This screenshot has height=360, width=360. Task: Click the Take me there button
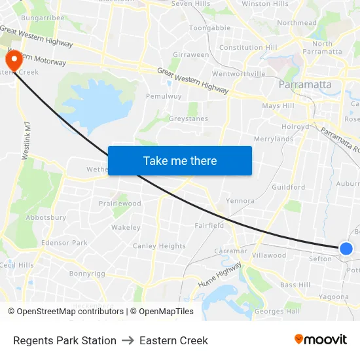[180, 160]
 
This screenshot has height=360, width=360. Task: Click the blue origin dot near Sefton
[346, 248]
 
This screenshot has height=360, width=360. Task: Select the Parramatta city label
[305, 84]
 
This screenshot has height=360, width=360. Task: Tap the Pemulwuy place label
[161, 96]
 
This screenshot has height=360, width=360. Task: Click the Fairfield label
[209, 225]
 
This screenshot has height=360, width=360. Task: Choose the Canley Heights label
[160, 246]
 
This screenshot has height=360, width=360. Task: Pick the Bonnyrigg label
[87, 274]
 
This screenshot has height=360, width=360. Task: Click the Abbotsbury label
[46, 217]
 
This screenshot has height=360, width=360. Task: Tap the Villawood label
[269, 255]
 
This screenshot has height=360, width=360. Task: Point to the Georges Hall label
[277, 312]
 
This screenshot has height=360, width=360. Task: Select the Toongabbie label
[209, 28]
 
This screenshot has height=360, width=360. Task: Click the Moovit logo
[321, 339]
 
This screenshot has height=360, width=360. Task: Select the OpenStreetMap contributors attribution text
[70, 312]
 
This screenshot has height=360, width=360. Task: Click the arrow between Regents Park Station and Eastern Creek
[128, 340]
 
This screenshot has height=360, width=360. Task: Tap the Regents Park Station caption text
[65, 340]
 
